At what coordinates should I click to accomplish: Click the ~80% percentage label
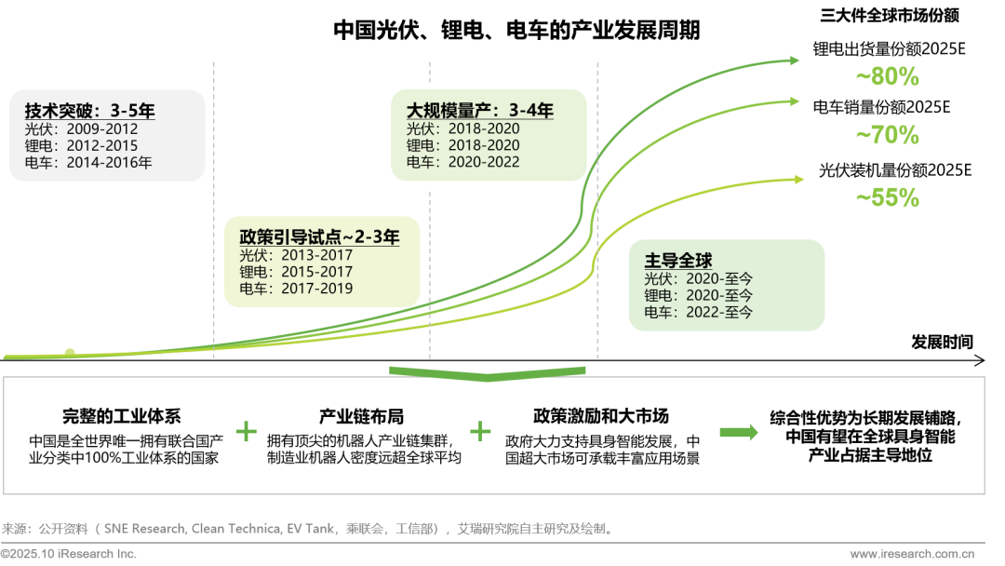click(887, 77)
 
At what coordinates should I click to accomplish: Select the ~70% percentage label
click(887, 136)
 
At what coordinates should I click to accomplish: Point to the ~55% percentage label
click(887, 197)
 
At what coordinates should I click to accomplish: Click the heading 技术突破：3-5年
click(89, 112)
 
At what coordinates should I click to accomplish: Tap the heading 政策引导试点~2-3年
click(319, 237)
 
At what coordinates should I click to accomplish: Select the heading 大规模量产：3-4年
click(479, 111)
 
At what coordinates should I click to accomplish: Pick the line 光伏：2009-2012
click(82, 129)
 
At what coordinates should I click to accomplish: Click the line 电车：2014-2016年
click(89, 162)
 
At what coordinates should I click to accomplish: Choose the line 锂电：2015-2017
click(296, 272)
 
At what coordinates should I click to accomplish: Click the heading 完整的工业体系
click(124, 416)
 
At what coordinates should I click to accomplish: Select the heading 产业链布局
click(362, 416)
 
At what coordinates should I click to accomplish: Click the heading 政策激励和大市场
click(601, 416)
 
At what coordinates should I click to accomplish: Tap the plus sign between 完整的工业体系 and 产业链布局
click(246, 431)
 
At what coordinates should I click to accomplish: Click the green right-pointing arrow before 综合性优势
click(739, 431)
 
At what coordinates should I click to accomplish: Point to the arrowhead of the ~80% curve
click(793, 61)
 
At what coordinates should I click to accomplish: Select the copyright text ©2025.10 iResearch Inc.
click(69, 554)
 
